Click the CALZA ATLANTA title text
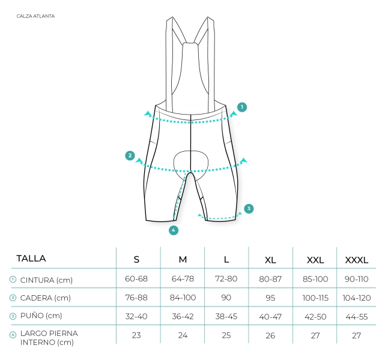pyautogui.click(x=35, y=16)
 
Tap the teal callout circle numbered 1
pyautogui.click(x=242, y=107)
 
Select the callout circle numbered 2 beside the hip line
pyautogui.click(x=130, y=155)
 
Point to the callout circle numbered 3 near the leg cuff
pyautogui.click(x=249, y=209)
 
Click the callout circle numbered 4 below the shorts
pyautogui.click(x=174, y=230)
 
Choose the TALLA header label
pyautogui.click(x=31, y=259)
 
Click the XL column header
pyautogui.click(x=270, y=260)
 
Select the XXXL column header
pyautogui.click(x=357, y=260)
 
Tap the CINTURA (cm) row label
pyautogui.click(x=46, y=280)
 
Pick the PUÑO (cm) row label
pyautogui.click(x=41, y=316)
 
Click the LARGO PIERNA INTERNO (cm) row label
pyautogui.click(x=49, y=338)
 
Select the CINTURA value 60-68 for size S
pyautogui.click(x=136, y=279)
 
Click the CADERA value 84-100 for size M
pyautogui.click(x=183, y=298)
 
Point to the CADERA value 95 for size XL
pyautogui.click(x=270, y=298)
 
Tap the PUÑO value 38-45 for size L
pyautogui.click(x=226, y=316)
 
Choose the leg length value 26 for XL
pyautogui.click(x=270, y=335)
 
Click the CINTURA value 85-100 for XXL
pyautogui.click(x=315, y=279)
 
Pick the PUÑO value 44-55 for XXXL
pyautogui.click(x=357, y=317)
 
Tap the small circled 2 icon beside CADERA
pyautogui.click(x=13, y=298)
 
